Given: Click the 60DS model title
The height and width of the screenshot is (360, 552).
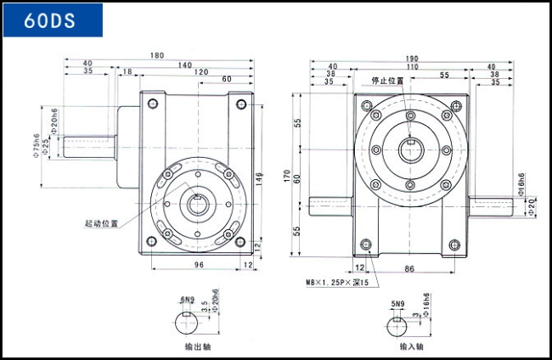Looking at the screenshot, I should [x=53, y=20].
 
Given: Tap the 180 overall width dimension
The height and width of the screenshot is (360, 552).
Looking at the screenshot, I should [x=157, y=56].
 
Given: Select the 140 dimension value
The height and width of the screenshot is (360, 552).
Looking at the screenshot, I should [x=184, y=65].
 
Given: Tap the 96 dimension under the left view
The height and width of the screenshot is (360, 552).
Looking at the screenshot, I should [x=198, y=265].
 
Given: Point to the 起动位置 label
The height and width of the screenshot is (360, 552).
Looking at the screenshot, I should [x=100, y=223].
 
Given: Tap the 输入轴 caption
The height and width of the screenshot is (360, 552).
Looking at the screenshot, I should [x=412, y=346].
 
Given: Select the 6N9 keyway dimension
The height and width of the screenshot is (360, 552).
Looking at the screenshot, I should [x=188, y=300].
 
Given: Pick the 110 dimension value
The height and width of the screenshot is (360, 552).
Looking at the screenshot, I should [x=411, y=66].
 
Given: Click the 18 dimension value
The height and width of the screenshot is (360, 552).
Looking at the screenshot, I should [x=128, y=72].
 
